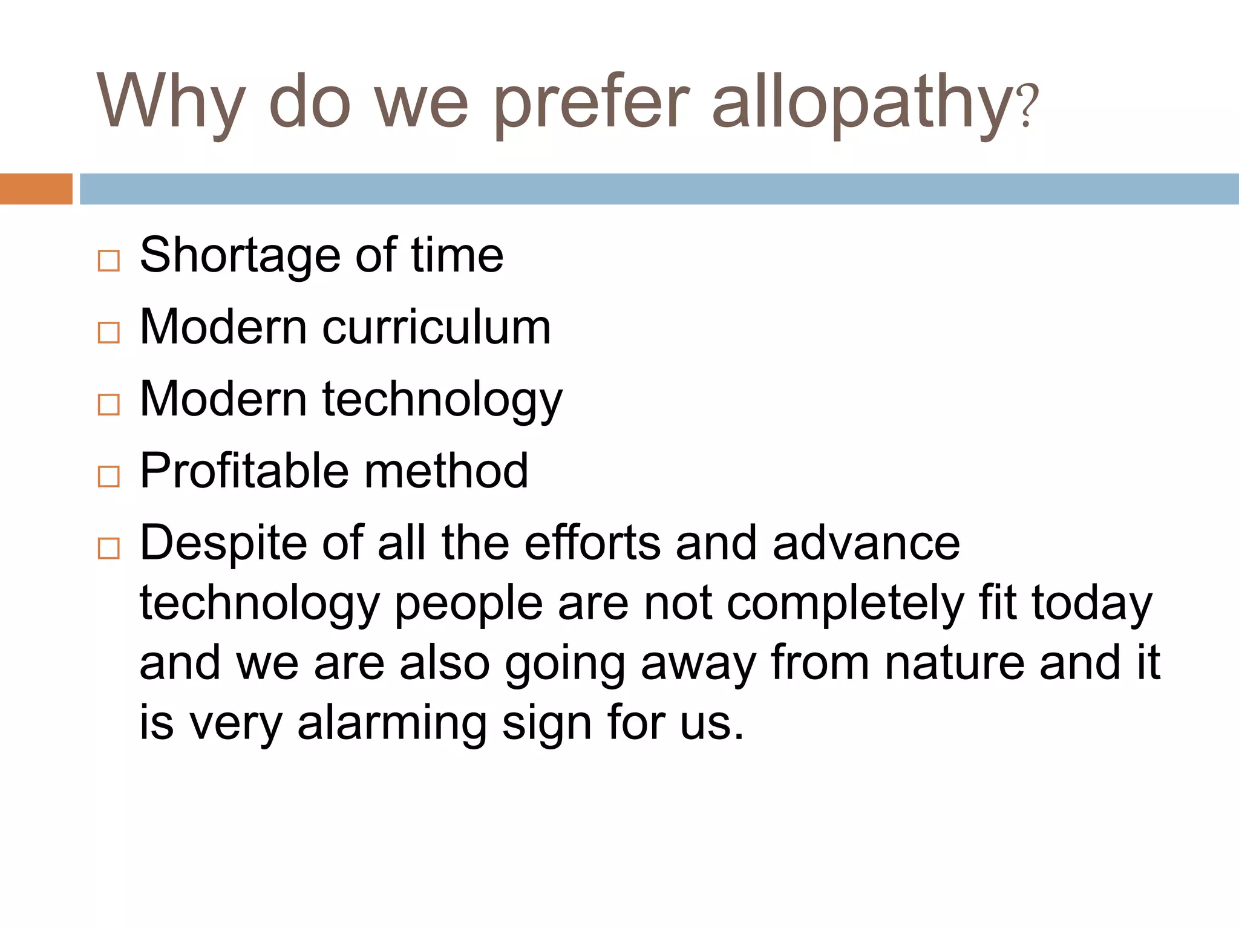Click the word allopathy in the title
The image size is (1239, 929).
(861, 103)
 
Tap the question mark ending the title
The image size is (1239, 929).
(1028, 106)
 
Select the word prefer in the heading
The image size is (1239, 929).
(591, 103)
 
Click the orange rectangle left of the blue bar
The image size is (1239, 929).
(36, 189)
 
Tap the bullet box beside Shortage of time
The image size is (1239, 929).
(109, 261)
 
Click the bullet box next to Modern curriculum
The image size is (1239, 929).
(109, 333)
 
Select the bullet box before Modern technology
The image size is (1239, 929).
(109, 405)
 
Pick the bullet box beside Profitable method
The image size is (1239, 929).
(109, 477)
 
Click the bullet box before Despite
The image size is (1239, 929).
(109, 549)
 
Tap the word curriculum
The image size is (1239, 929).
(436, 328)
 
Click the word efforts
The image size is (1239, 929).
(592, 543)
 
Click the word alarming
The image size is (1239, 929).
(392, 724)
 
